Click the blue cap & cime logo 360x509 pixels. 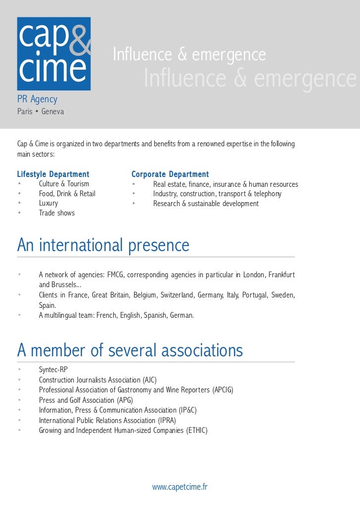(54, 53)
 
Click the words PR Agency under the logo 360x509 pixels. (37, 100)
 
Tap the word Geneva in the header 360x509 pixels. (52, 112)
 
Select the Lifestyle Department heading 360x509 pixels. (53, 174)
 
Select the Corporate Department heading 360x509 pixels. (170, 174)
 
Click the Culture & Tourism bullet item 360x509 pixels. (64, 184)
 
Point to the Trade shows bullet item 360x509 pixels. (57, 213)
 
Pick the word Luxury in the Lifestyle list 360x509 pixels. (48, 203)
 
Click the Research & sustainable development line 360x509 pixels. (206, 204)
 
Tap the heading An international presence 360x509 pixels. (103, 245)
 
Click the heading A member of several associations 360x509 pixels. (130, 350)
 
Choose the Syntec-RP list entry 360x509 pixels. (53, 370)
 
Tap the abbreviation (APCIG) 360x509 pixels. (223, 390)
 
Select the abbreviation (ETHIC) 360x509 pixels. (197, 430)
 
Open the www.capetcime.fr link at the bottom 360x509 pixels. (180, 487)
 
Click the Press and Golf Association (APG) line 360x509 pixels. (86, 400)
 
